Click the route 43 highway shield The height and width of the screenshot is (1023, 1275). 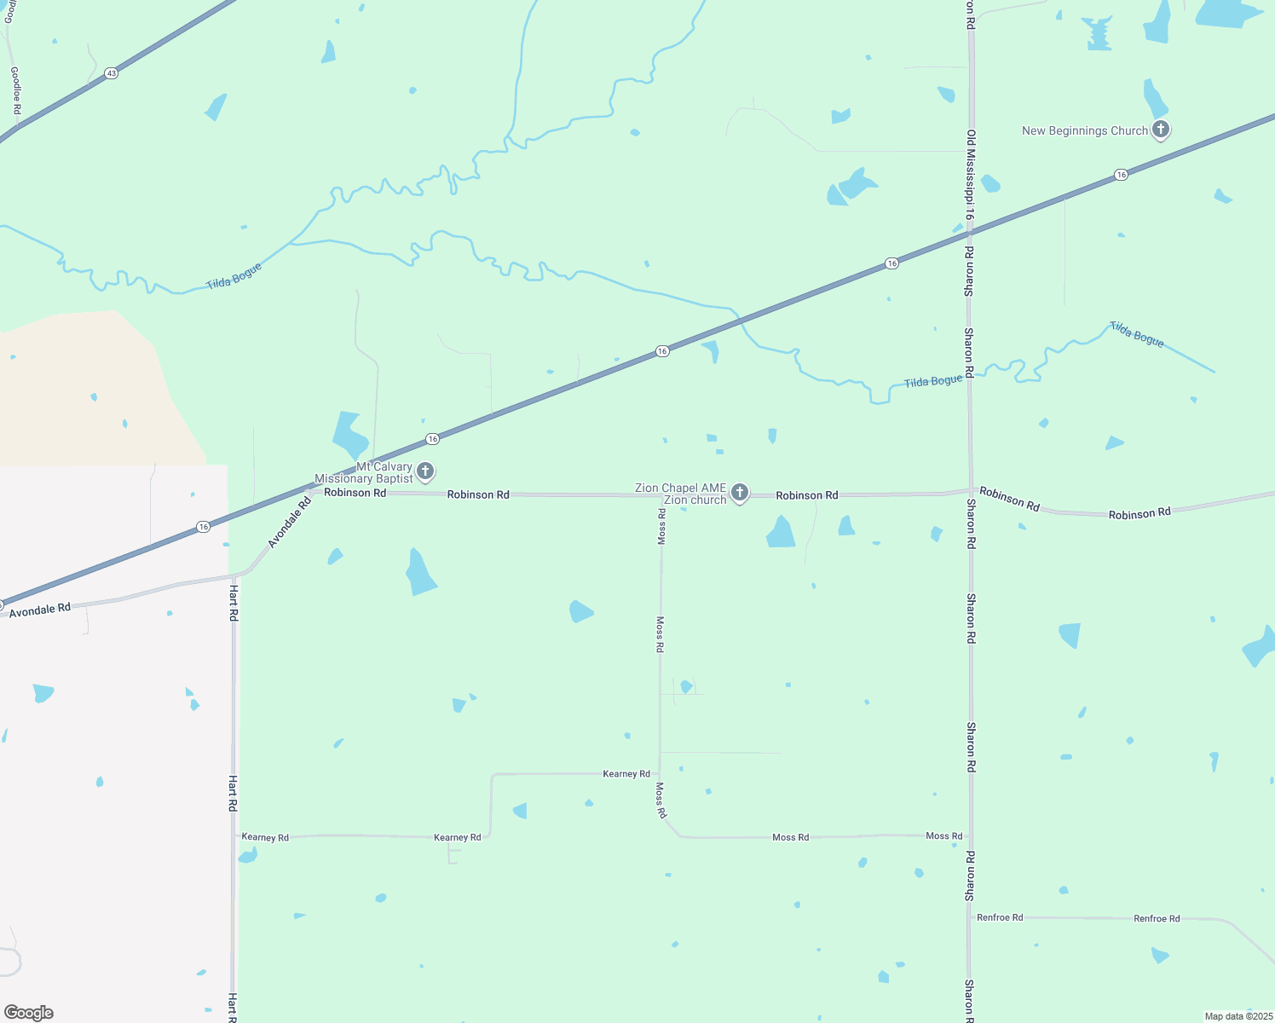[112, 73]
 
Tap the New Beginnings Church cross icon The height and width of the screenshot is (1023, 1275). [1160, 130]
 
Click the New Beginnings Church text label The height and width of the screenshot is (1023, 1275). [1084, 130]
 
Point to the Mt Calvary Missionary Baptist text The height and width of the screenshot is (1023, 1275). [364, 472]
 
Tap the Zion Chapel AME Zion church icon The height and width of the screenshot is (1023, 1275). [740, 492]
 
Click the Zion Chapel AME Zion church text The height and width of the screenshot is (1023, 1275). [680, 494]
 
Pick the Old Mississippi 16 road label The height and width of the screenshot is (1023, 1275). [970, 175]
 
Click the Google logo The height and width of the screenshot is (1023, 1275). [29, 1013]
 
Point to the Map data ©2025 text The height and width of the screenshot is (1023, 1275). [1237, 1016]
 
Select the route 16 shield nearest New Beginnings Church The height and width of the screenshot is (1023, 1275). [1121, 175]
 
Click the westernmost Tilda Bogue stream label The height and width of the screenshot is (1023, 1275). [234, 276]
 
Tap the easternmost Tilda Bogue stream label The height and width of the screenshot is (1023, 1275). [1136, 333]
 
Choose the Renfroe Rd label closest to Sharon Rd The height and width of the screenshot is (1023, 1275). [1000, 917]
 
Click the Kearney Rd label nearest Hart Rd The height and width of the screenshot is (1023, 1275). [265, 837]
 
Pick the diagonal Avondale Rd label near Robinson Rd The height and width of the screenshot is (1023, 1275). [290, 522]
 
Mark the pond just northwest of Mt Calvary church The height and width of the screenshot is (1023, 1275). [349, 435]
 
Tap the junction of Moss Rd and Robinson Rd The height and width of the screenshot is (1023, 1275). [661, 495]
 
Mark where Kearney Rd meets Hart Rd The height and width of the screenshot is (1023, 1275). [234, 835]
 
